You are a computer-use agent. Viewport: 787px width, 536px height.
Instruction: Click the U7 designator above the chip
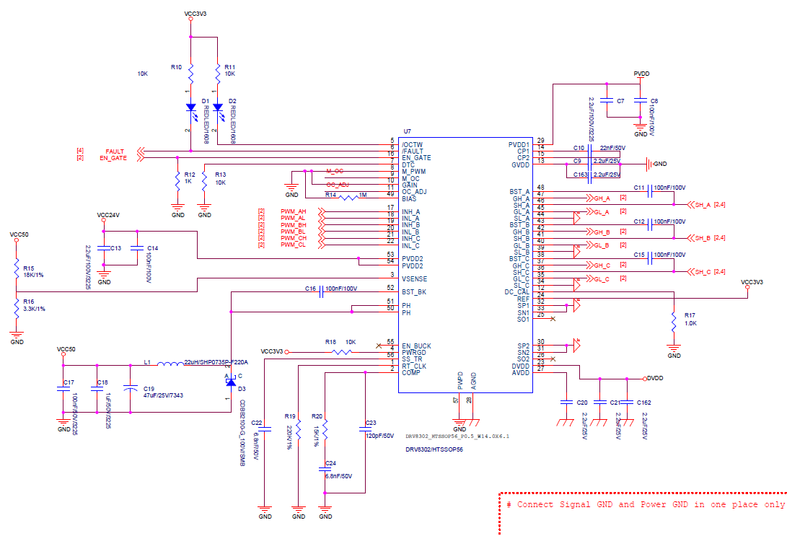click(408, 131)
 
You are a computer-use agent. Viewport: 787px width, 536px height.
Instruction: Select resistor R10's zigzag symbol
click(190, 74)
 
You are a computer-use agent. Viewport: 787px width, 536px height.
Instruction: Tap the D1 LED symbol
click(190, 109)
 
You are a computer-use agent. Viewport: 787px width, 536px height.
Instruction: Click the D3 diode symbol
click(230, 382)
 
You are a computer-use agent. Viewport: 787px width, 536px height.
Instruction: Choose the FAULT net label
click(115, 151)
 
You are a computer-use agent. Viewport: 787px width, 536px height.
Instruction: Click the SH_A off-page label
click(703, 205)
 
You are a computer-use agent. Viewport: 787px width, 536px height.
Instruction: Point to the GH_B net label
click(602, 232)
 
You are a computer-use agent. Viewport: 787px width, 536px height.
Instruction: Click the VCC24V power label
click(109, 215)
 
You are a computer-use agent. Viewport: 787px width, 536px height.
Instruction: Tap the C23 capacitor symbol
click(364, 431)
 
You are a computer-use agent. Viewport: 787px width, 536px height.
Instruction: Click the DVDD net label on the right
click(655, 377)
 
